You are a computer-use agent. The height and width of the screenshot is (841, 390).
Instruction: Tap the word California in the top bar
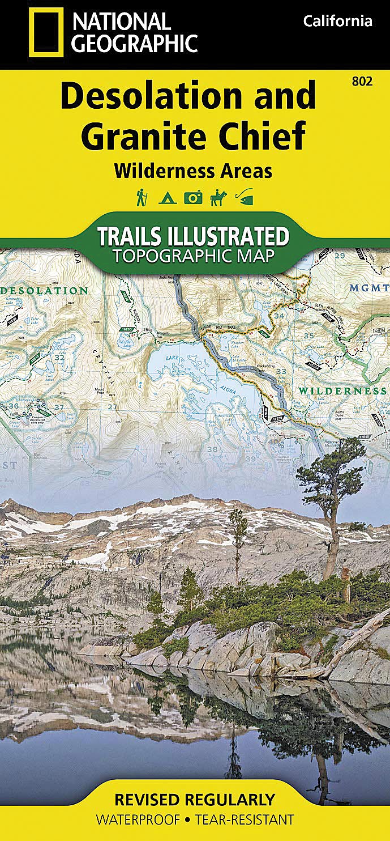pyautogui.click(x=337, y=22)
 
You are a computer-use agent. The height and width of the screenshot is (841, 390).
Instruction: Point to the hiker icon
pyautogui.click(x=141, y=197)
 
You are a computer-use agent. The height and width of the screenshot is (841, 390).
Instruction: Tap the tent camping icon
pyautogui.click(x=167, y=198)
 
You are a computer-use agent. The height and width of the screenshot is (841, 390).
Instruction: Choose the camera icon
pyautogui.click(x=192, y=198)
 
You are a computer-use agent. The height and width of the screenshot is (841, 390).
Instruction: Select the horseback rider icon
pyautogui.click(x=218, y=197)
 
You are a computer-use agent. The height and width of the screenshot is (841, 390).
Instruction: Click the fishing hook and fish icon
pyautogui.click(x=244, y=198)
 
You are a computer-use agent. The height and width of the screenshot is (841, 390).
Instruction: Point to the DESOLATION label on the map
pyautogui.click(x=44, y=291)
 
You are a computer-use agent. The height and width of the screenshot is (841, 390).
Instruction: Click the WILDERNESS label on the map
pyautogui.click(x=342, y=392)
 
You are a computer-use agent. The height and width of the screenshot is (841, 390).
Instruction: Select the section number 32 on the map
pyautogui.click(x=59, y=358)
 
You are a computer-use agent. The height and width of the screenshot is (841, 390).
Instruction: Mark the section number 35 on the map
pyautogui.click(x=309, y=336)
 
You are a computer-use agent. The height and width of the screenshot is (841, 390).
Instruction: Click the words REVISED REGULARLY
pyautogui.click(x=195, y=800)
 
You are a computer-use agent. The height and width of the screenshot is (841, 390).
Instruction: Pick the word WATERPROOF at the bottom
pyautogui.click(x=136, y=819)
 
